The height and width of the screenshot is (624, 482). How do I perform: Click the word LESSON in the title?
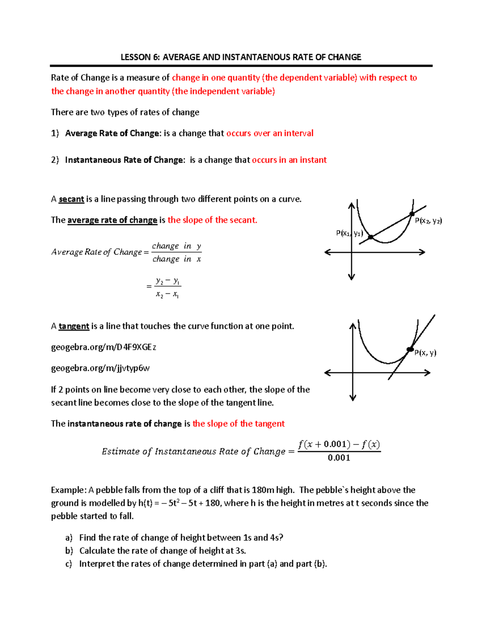pos(136,57)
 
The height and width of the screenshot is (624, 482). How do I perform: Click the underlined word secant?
pos(71,199)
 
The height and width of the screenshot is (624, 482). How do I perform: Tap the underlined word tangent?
pos(74,326)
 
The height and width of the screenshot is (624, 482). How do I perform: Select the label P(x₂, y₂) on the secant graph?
pos(428,221)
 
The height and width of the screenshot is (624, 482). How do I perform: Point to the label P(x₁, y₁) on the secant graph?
pos(349,233)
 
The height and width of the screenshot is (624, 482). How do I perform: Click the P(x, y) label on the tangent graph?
pos(425,353)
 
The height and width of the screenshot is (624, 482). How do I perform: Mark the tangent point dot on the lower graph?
pos(410,349)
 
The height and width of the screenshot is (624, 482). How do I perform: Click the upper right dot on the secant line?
pos(412,214)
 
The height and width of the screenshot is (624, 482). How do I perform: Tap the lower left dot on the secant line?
pos(371,237)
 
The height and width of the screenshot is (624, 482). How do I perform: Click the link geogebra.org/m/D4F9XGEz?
pos(103,347)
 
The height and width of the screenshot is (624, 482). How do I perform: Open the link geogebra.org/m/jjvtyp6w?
pos(100,368)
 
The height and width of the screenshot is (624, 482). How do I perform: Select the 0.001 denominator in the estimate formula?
pos(339,458)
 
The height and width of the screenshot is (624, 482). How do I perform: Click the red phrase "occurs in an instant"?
pos(289,160)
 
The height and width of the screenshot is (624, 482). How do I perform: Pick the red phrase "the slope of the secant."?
pos(212,220)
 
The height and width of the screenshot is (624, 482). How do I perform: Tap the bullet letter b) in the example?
pos(69,551)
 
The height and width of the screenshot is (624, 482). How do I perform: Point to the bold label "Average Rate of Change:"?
pos(112,133)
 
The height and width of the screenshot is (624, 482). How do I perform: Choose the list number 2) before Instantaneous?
pos(55,160)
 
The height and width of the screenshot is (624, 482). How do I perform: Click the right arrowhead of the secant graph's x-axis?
pos(423,252)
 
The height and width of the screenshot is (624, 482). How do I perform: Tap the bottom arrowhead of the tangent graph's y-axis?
pos(353,398)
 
